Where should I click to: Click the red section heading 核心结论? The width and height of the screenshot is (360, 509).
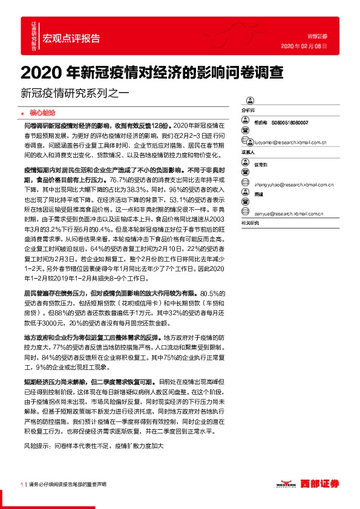42,112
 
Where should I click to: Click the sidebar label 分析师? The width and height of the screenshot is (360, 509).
249,111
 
